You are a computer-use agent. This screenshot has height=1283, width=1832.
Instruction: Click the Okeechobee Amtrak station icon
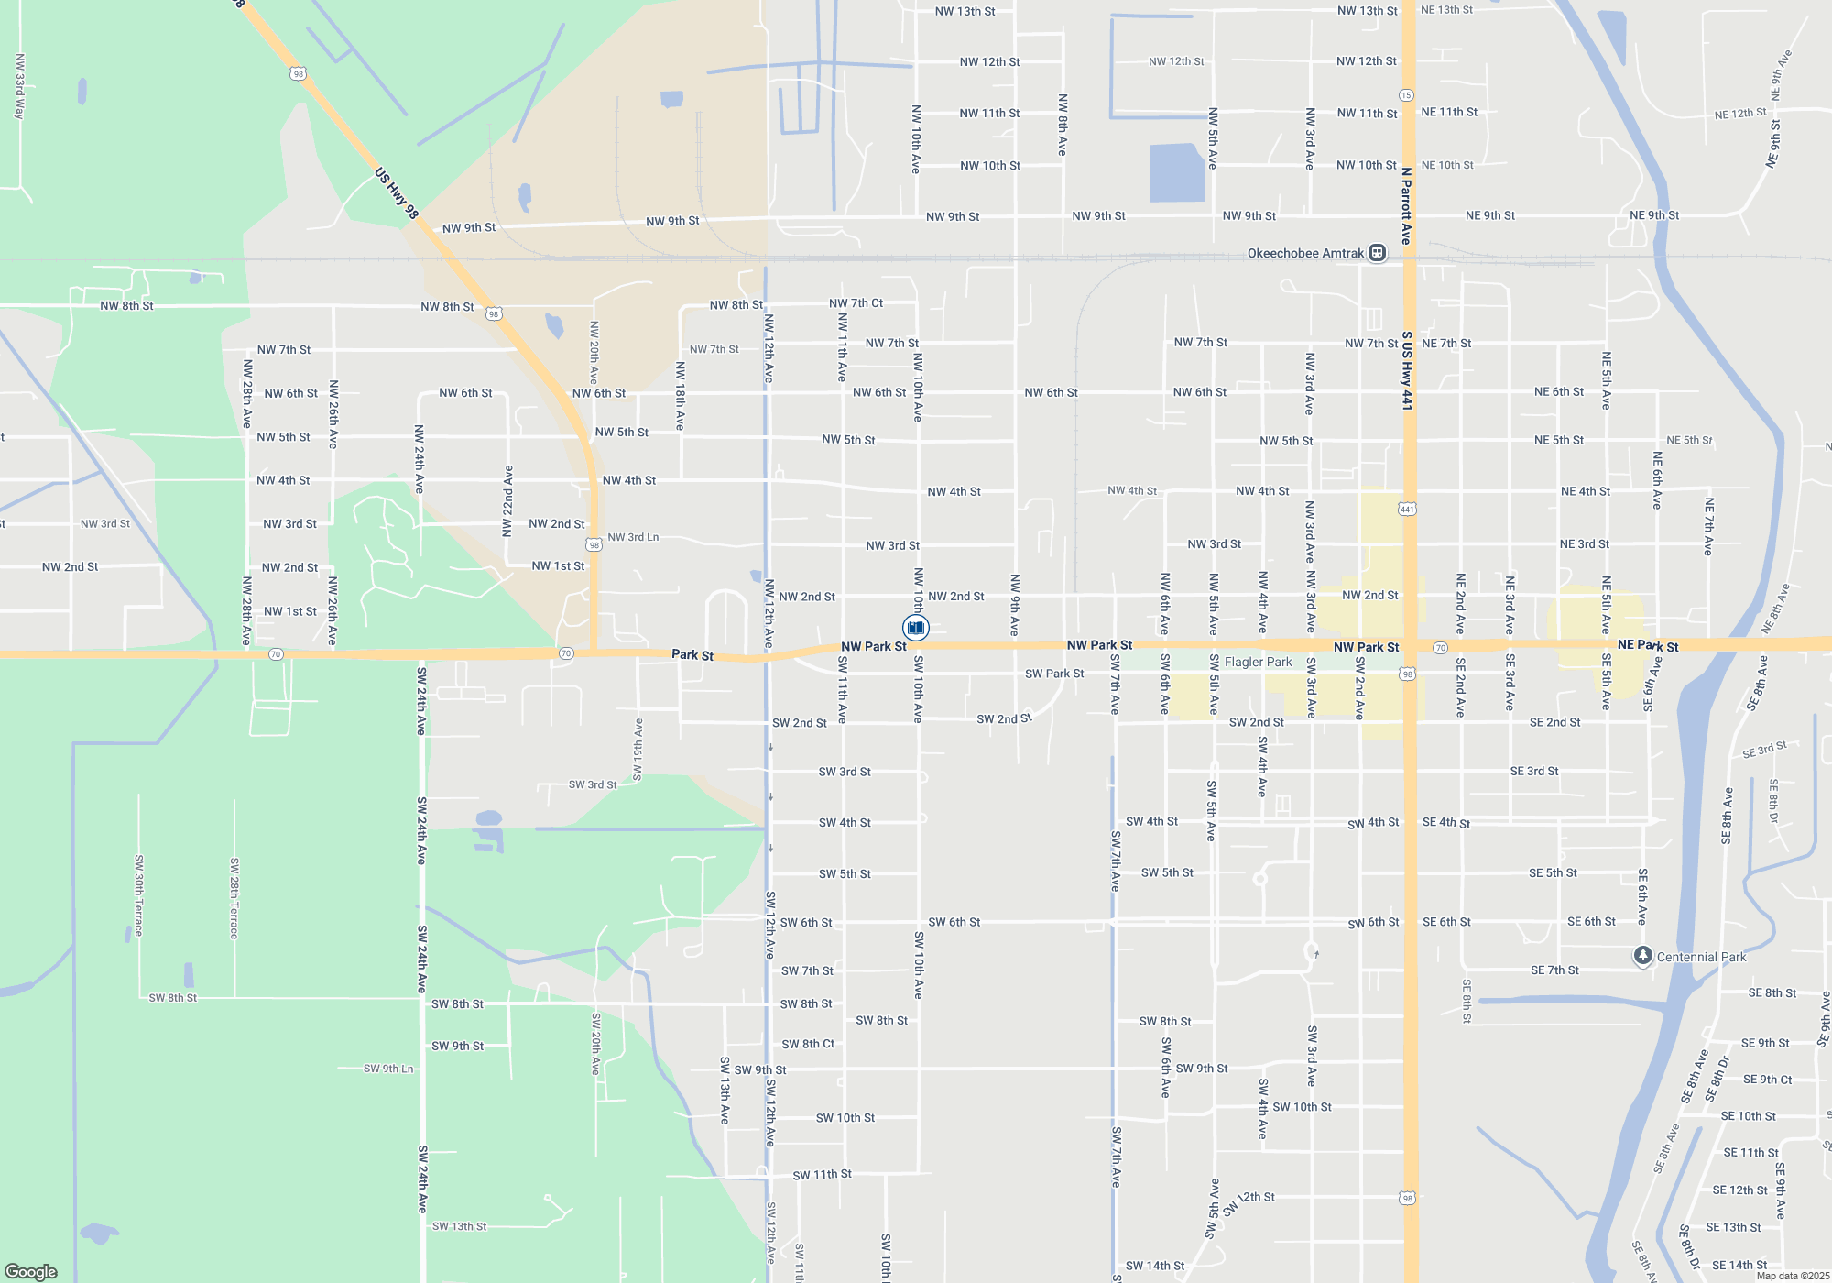(1377, 253)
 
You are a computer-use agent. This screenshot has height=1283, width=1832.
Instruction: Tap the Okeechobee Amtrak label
(1305, 253)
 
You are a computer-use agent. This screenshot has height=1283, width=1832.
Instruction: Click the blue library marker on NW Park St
(916, 628)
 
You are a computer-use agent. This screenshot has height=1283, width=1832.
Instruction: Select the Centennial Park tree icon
(1643, 957)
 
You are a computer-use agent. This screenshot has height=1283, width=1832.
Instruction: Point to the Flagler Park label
(1258, 662)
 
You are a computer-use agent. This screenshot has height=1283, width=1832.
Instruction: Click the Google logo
(31, 1271)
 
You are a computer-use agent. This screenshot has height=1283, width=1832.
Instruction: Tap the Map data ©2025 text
(1793, 1276)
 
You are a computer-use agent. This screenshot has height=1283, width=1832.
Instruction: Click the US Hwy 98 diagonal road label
(397, 193)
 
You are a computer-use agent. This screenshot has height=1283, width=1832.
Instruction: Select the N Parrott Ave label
(1406, 205)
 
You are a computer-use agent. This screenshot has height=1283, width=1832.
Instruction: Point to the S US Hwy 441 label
(1407, 370)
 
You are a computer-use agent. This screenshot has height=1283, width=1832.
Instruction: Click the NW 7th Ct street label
(856, 303)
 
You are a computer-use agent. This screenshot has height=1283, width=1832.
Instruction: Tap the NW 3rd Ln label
(633, 537)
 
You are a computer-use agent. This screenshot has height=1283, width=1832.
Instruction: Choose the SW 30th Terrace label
(139, 895)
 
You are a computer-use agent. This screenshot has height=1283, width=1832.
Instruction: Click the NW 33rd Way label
(19, 86)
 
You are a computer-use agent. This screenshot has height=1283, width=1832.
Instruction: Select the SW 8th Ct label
(807, 1044)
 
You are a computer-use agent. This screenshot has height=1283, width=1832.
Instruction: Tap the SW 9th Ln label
(388, 1069)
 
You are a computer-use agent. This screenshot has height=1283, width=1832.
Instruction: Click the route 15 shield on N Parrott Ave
(1406, 95)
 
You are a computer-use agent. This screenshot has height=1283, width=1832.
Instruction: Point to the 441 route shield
(1407, 509)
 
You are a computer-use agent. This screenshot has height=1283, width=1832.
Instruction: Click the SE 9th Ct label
(1767, 1080)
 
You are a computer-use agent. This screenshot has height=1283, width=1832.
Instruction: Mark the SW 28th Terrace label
(234, 898)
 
